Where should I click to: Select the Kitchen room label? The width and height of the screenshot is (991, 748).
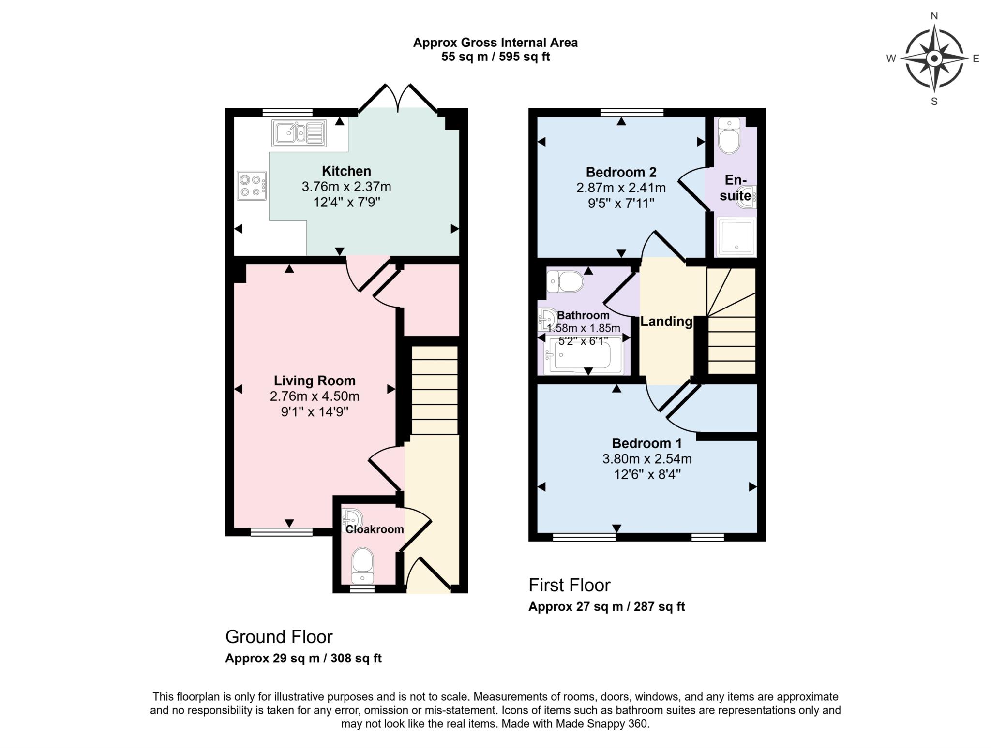346,171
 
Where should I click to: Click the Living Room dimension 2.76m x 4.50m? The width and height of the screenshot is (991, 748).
315,396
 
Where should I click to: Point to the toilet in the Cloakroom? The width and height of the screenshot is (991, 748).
362,564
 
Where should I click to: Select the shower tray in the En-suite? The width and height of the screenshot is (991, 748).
736,236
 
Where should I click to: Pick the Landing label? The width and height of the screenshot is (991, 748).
666,322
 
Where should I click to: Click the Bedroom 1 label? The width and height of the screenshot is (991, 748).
646,443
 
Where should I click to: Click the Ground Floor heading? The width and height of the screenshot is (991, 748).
279,637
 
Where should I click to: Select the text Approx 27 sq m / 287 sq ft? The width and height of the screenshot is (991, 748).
606,606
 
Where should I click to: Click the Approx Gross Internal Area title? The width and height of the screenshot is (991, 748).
495,43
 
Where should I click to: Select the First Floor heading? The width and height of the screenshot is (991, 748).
570,585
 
